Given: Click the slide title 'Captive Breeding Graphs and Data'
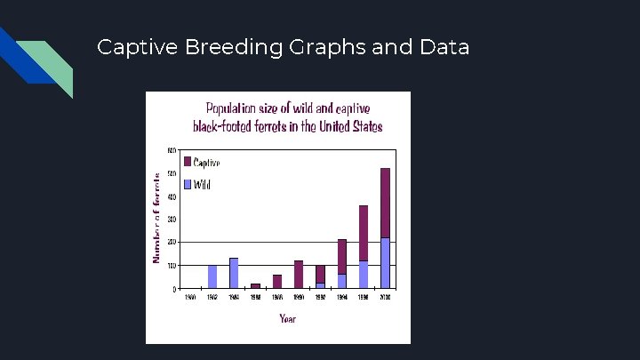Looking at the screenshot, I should point(283,47).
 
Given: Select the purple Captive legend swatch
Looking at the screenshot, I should point(188,162).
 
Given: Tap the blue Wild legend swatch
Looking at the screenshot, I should point(188,185).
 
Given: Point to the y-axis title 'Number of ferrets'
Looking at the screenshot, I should point(157,218).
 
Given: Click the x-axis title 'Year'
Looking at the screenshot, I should point(287,318).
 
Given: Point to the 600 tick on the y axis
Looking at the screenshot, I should point(171,149).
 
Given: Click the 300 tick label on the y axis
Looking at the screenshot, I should point(171,219).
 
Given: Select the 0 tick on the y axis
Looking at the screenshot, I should point(173,289).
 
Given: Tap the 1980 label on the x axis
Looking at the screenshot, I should point(190,298).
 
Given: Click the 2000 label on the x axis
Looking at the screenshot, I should point(385,298).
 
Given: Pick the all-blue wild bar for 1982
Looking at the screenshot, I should point(212,276).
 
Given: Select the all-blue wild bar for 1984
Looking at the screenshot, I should point(234,273).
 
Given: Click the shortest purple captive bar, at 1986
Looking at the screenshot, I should point(256,285).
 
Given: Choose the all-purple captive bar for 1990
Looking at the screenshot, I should point(299,274).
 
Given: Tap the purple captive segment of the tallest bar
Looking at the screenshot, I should point(385,203).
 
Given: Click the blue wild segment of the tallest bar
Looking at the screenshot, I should point(385,263).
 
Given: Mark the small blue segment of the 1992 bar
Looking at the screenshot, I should point(320,285).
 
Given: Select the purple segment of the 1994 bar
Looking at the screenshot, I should point(342,256).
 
